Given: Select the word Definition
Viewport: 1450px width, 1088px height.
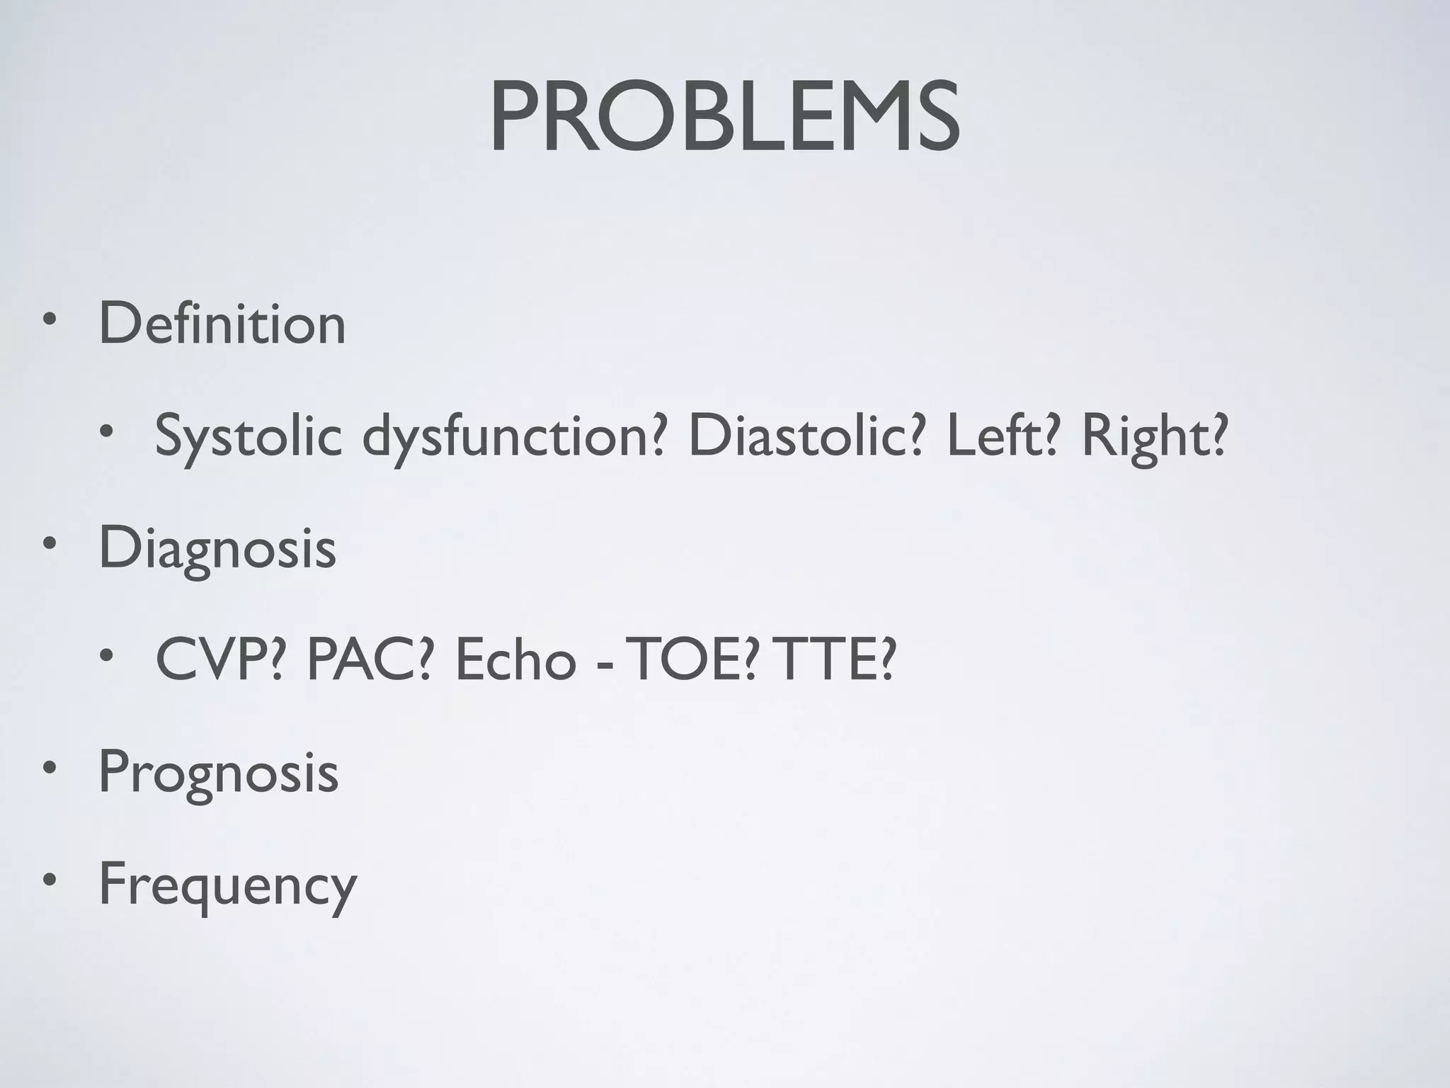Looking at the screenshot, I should click(x=222, y=324).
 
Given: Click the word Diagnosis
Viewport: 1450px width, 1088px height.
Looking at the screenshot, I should click(x=217, y=548).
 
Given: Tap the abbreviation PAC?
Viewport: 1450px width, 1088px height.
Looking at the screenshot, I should click(x=369, y=659).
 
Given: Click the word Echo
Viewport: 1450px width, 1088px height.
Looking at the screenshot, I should click(x=515, y=659).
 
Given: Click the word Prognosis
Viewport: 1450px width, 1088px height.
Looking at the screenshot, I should click(x=218, y=772).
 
